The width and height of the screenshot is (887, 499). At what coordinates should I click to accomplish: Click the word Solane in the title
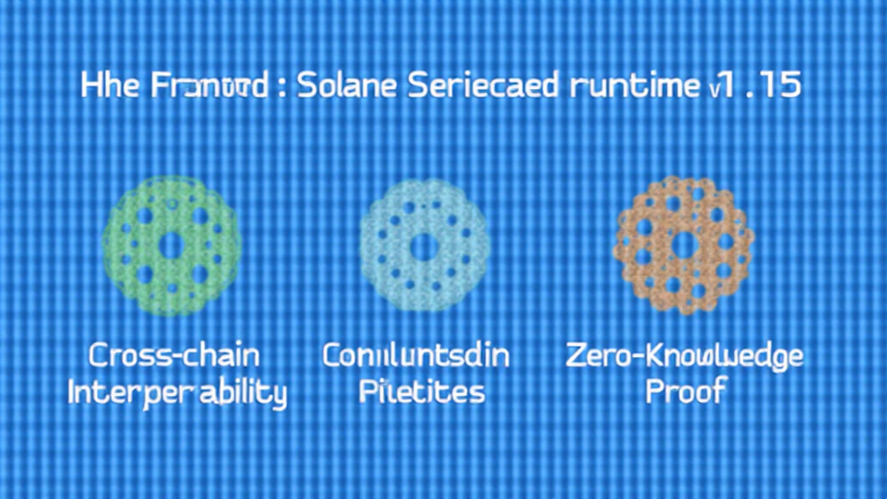click(342, 87)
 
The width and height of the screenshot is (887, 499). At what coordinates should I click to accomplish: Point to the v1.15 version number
click(753, 87)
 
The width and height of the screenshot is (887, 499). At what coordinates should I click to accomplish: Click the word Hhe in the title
click(107, 87)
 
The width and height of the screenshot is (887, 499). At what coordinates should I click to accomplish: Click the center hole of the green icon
click(171, 246)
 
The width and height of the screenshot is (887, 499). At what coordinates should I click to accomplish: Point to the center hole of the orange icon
click(683, 244)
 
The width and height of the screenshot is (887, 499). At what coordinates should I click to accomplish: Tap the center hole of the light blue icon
click(424, 246)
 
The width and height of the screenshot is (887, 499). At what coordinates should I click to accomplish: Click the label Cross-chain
click(174, 356)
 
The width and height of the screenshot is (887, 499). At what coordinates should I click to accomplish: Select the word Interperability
click(177, 392)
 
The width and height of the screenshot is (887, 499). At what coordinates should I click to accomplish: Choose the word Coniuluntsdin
click(416, 356)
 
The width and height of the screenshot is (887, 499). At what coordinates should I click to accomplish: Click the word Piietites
click(422, 392)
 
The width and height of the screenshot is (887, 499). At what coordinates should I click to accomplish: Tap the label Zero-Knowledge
click(684, 356)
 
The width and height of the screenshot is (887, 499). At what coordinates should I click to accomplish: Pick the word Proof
click(685, 392)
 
